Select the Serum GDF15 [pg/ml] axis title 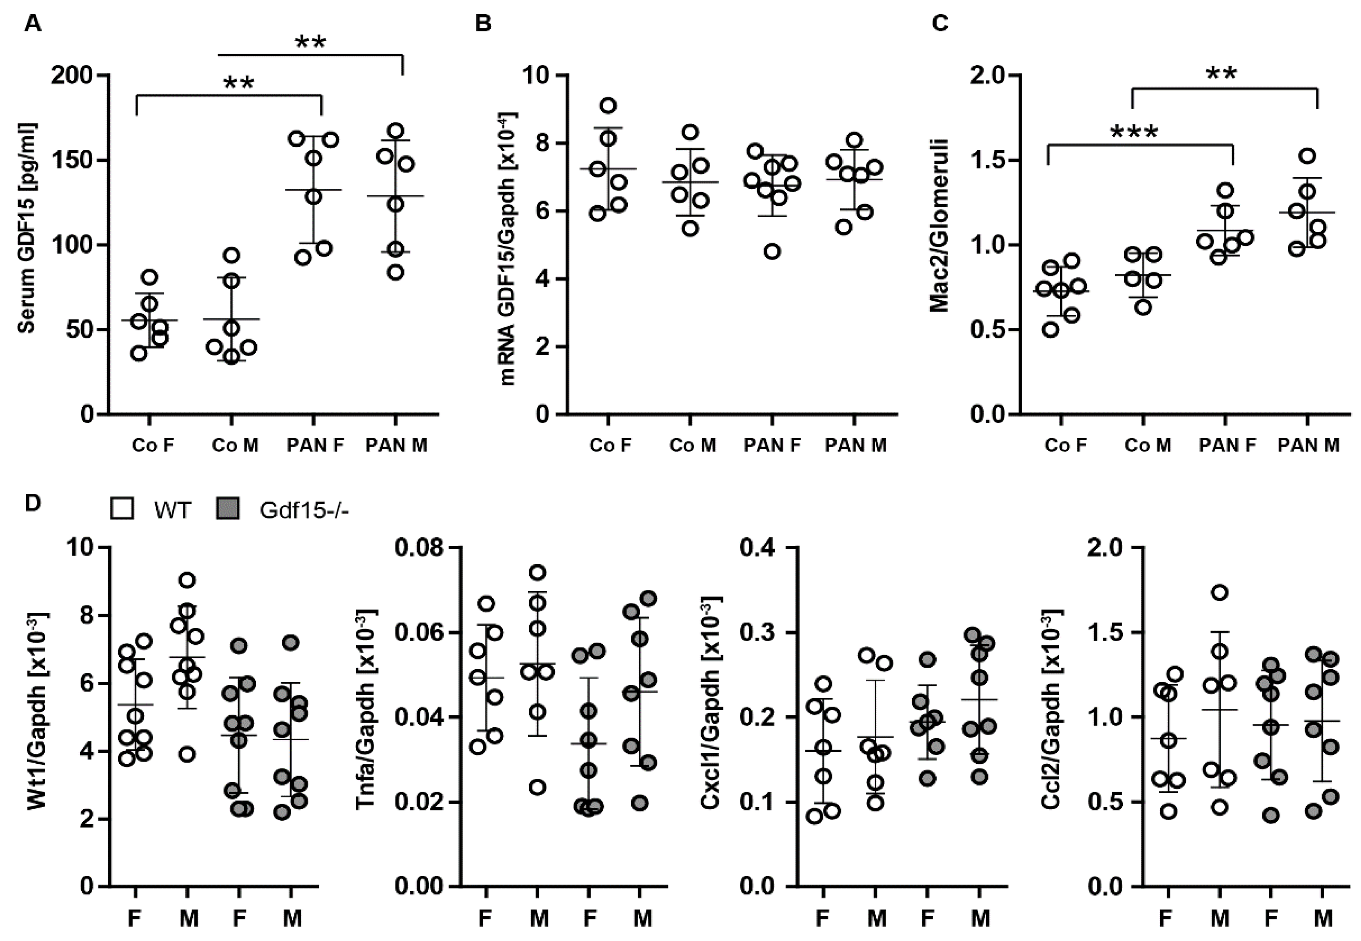tap(27, 228)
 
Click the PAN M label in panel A tap(396, 445)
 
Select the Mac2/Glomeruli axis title tap(938, 226)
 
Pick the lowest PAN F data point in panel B tap(772, 251)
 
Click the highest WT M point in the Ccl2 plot tap(1220, 593)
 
